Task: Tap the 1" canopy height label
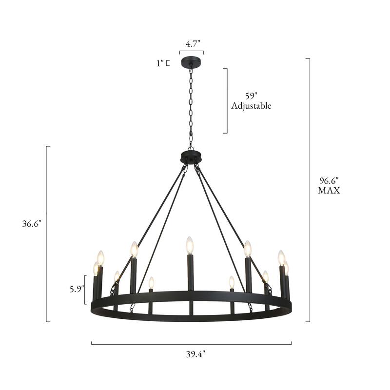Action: pyautogui.click(x=159, y=62)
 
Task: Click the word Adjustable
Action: pyautogui.click(x=252, y=106)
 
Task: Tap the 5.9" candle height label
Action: pyautogui.click(x=76, y=288)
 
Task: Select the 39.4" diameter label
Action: pyautogui.click(x=192, y=354)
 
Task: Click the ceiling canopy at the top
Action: pyautogui.click(x=191, y=62)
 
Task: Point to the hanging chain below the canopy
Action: pyautogui.click(x=191, y=107)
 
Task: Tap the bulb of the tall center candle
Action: pyautogui.click(x=190, y=245)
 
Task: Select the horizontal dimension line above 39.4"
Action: pyautogui.click(x=191, y=343)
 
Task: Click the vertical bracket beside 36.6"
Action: pyautogui.click(x=47, y=234)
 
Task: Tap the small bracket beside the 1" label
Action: pyautogui.click(x=168, y=63)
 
